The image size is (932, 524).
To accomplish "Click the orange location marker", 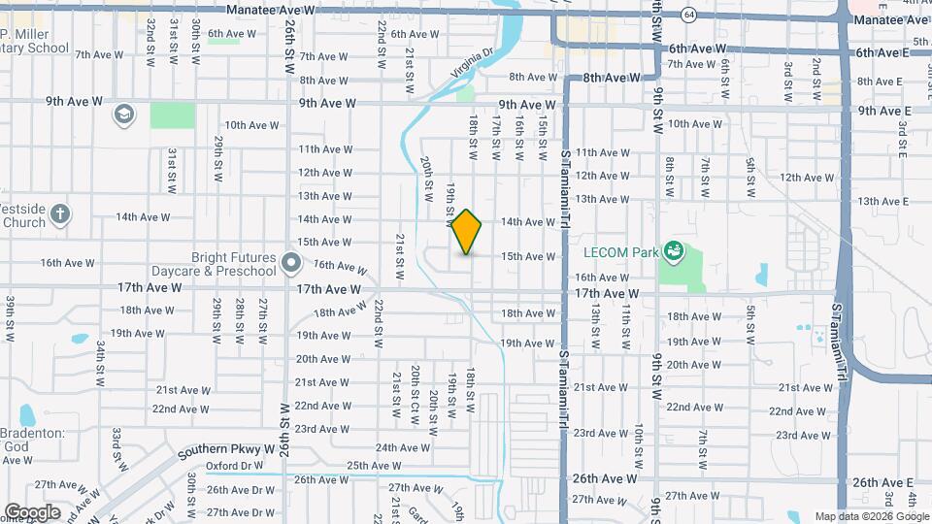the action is tap(467, 232).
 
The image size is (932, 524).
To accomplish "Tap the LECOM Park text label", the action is tap(619, 252).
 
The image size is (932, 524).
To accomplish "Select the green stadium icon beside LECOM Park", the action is tap(673, 253).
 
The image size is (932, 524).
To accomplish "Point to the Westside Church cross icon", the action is tap(60, 213).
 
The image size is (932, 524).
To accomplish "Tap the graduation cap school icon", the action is tap(123, 115).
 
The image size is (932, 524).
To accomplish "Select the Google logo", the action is tap(32, 512).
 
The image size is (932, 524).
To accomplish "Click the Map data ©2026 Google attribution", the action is tap(871, 516).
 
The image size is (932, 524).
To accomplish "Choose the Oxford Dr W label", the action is tap(234, 466).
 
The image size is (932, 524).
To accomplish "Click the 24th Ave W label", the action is tap(403, 447).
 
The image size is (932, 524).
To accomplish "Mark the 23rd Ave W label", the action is tap(321, 428).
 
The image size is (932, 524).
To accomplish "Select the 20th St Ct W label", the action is tap(415, 388).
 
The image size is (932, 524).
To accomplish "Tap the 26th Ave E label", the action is tap(882, 482).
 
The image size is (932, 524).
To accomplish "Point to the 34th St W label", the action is tap(99, 361).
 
